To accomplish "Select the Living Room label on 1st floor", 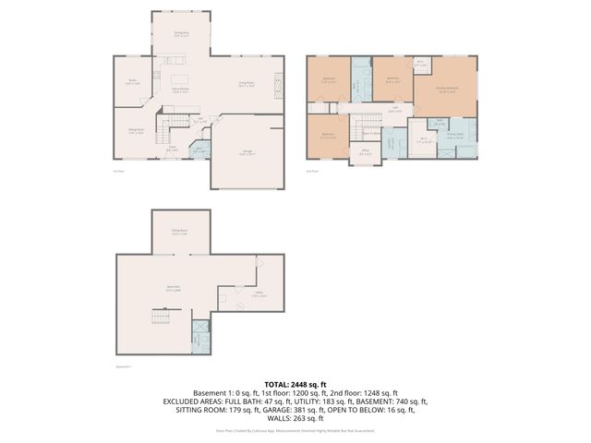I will point(247,84).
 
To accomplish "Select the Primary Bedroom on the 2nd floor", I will point(448,90).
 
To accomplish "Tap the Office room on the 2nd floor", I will point(366,151).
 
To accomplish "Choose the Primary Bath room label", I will point(455,138).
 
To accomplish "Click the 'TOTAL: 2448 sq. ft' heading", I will point(295,383).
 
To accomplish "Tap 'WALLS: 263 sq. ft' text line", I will point(295,418).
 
